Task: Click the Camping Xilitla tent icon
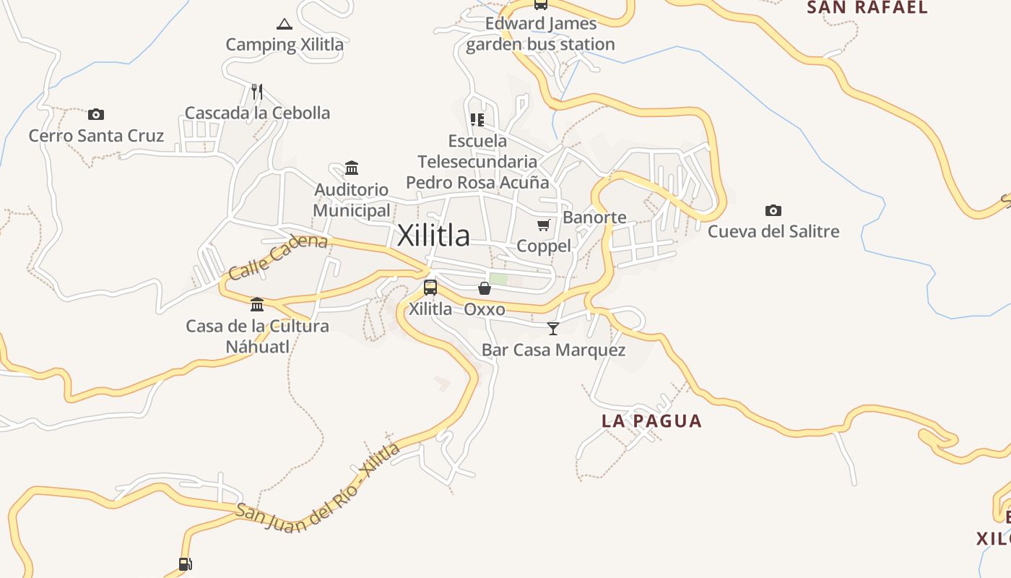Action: point(285,25)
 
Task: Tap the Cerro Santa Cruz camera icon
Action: point(96,114)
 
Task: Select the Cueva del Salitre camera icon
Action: point(773,210)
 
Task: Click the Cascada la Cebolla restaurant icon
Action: point(256,92)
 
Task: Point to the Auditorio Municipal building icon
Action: point(352,168)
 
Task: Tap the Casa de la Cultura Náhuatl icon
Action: point(257,304)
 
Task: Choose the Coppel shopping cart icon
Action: point(544,225)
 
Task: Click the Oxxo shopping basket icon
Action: point(485,288)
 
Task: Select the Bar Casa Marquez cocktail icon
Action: point(553,329)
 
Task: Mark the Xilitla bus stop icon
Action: point(430,288)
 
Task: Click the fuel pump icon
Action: point(185,564)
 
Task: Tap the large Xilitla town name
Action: point(433,236)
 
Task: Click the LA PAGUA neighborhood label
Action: point(651,421)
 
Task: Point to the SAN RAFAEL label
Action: point(867,8)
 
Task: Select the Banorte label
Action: point(594,217)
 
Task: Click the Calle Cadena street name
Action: point(278,256)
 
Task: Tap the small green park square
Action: point(498,279)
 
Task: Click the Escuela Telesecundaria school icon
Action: point(477,119)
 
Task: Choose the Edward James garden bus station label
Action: point(540,34)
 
